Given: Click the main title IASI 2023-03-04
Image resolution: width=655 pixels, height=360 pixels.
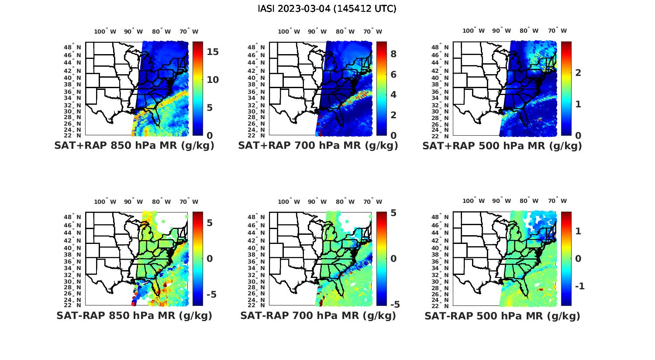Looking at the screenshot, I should [x=327, y=9].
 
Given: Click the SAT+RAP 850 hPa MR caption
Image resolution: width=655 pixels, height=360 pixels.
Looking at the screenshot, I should [x=134, y=146].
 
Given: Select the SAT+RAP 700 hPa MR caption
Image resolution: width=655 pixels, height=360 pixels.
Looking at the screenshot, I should [x=318, y=146].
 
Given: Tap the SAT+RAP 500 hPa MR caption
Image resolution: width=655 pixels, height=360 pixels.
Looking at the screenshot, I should [x=502, y=146].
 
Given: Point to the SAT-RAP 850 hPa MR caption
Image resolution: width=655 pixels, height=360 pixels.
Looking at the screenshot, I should [x=134, y=315].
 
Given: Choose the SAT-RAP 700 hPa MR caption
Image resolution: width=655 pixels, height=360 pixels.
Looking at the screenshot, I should [x=318, y=315].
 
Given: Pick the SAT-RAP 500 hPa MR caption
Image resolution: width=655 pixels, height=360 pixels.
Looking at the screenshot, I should [x=502, y=315].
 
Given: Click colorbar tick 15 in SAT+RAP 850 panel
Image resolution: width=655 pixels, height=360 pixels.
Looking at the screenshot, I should [x=213, y=52].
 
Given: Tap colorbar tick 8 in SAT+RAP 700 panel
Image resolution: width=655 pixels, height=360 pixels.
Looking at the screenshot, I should [x=393, y=54].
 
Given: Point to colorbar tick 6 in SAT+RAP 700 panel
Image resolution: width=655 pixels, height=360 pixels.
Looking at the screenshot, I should [x=393, y=74].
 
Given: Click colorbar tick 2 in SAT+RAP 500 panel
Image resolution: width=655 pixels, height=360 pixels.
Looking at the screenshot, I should [x=578, y=72].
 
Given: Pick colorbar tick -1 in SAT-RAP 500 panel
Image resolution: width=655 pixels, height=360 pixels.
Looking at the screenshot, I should [x=580, y=286].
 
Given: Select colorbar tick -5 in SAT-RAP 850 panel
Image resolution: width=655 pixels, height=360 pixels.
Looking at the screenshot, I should [x=211, y=295].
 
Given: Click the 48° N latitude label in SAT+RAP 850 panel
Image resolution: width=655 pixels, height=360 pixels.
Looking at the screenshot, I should [x=72, y=48].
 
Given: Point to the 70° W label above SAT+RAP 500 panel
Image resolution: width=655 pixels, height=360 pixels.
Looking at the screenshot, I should [x=557, y=31].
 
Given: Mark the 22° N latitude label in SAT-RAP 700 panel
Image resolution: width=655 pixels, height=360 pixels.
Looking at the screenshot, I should [x=256, y=305].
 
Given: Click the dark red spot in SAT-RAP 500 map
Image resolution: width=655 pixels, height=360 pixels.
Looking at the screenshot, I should [x=541, y=289].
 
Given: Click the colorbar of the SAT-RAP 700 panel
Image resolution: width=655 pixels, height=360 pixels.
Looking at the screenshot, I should [x=381, y=258].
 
